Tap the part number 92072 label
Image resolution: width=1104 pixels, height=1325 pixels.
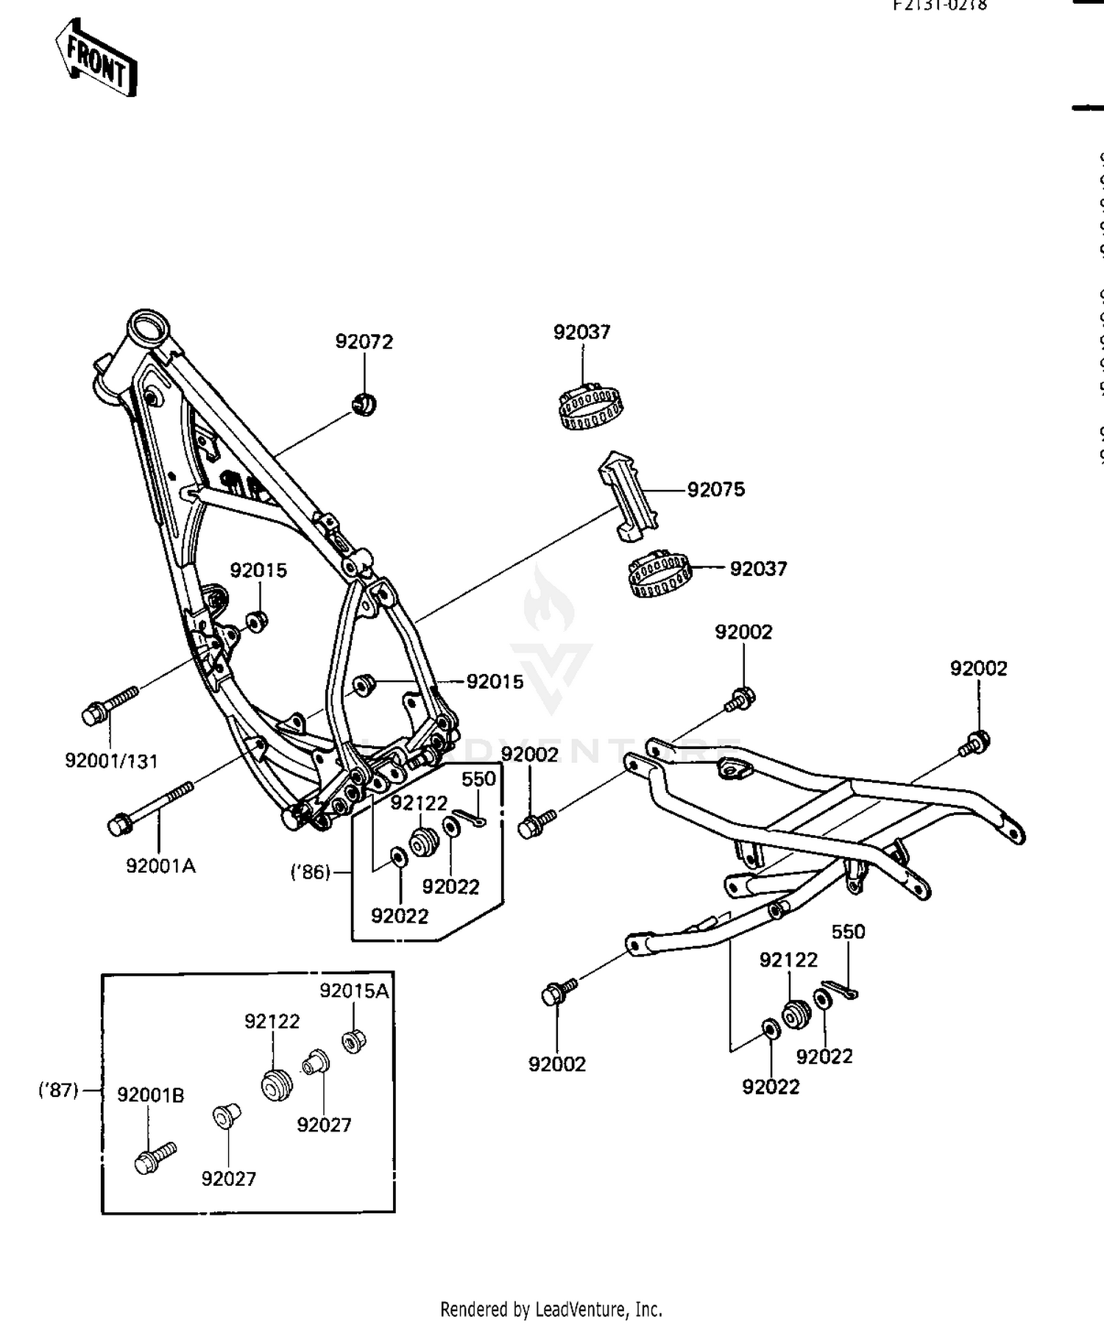[364, 341]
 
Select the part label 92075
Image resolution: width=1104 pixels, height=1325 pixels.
[716, 489]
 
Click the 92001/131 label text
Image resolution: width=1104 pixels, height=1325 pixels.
[112, 761]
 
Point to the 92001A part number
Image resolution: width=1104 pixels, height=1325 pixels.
[160, 866]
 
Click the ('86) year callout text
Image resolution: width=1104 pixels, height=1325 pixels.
[311, 873]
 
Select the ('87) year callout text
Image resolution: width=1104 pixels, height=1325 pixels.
[58, 1090]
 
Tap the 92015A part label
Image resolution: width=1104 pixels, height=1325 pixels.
[354, 991]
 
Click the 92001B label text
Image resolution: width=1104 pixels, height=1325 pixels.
[151, 1095]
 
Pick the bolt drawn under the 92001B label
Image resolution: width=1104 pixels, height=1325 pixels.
[153, 1158]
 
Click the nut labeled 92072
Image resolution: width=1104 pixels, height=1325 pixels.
[364, 404]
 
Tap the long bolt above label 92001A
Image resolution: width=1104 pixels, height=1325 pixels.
[151, 806]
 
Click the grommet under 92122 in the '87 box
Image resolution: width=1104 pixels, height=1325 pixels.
[277, 1084]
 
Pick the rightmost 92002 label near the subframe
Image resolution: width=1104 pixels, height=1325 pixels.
[978, 668]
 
